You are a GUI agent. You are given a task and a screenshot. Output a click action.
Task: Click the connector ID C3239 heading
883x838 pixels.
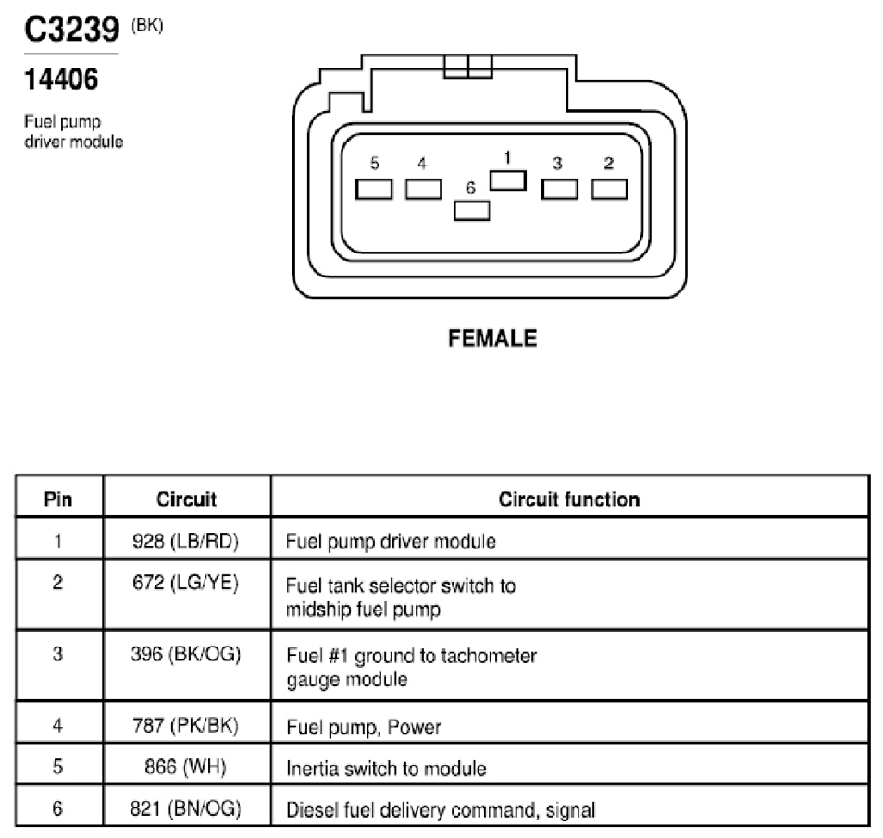tap(72, 30)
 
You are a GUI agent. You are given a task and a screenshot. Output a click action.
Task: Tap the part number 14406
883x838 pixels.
tap(61, 80)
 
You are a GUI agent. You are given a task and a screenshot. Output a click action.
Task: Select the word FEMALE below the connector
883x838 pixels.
tap(492, 339)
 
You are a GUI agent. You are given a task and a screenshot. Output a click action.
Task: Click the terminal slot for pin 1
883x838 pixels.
tap(508, 180)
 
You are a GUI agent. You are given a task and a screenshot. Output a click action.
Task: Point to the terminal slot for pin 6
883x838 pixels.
tap(471, 211)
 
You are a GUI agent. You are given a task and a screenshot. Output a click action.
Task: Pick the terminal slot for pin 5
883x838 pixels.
tap(374, 190)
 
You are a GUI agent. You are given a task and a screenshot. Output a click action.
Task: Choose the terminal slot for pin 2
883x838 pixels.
tap(609, 190)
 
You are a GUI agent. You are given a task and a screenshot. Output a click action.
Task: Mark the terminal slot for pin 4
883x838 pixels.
tap(424, 190)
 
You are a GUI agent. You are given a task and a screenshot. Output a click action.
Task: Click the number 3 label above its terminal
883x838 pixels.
tap(557, 163)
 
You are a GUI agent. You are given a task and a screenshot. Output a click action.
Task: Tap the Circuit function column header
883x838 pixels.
tap(569, 499)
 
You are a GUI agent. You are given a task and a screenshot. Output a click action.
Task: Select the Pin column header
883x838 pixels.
tap(58, 499)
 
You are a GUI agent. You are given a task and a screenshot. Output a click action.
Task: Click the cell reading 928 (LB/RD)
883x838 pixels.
tap(186, 541)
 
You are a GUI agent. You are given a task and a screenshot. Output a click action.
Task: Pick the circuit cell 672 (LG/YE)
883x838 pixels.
tap(186, 583)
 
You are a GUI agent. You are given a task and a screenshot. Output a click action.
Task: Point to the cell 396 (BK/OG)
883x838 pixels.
tap(186, 654)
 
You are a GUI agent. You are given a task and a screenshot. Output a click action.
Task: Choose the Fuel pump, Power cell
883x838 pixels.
tap(364, 727)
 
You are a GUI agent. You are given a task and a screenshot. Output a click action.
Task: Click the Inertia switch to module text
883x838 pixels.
tap(386, 769)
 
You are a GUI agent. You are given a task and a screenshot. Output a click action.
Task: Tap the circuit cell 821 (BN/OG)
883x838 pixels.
tap(186, 808)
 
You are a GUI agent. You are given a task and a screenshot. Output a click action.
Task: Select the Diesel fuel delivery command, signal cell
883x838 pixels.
tap(441, 810)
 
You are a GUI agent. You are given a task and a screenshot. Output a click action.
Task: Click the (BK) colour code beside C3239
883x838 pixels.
tap(147, 26)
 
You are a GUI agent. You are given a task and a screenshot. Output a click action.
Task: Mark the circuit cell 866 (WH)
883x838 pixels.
tap(186, 767)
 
